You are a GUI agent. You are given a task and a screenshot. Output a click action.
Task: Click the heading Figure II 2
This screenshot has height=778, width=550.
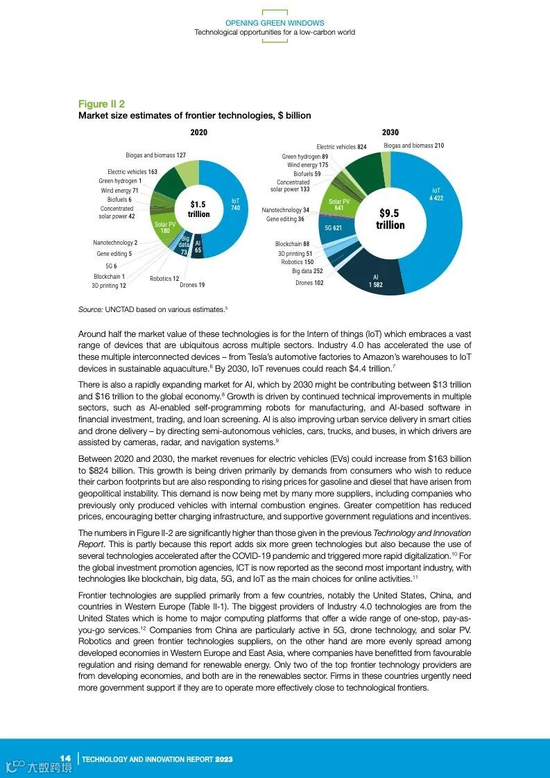tap(101, 104)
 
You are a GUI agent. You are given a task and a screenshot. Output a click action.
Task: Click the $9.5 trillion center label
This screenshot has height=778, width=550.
tap(390, 219)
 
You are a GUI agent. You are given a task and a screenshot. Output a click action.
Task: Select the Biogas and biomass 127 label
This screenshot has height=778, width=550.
tap(155, 155)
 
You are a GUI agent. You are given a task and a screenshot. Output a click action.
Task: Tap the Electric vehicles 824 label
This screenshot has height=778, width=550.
tap(341, 147)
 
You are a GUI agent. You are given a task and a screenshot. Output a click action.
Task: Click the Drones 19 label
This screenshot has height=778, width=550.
tap(192, 285)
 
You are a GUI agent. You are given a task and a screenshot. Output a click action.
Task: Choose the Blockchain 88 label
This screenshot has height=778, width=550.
tap(292, 244)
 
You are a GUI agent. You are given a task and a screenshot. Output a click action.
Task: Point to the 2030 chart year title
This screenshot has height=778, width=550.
tap(390, 132)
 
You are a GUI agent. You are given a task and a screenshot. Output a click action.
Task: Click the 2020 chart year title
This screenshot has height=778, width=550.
tap(198, 132)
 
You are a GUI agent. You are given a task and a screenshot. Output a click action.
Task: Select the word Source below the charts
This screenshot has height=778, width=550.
tap(90, 309)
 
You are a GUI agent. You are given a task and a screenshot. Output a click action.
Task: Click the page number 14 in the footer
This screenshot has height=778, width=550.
tap(66, 758)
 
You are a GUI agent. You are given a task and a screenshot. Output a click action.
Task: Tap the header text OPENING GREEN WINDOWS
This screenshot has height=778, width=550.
tap(275, 24)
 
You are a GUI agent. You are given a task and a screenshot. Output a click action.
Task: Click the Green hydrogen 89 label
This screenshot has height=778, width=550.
tap(305, 157)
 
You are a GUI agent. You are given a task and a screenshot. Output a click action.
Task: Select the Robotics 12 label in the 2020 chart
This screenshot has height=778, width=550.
tap(164, 279)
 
